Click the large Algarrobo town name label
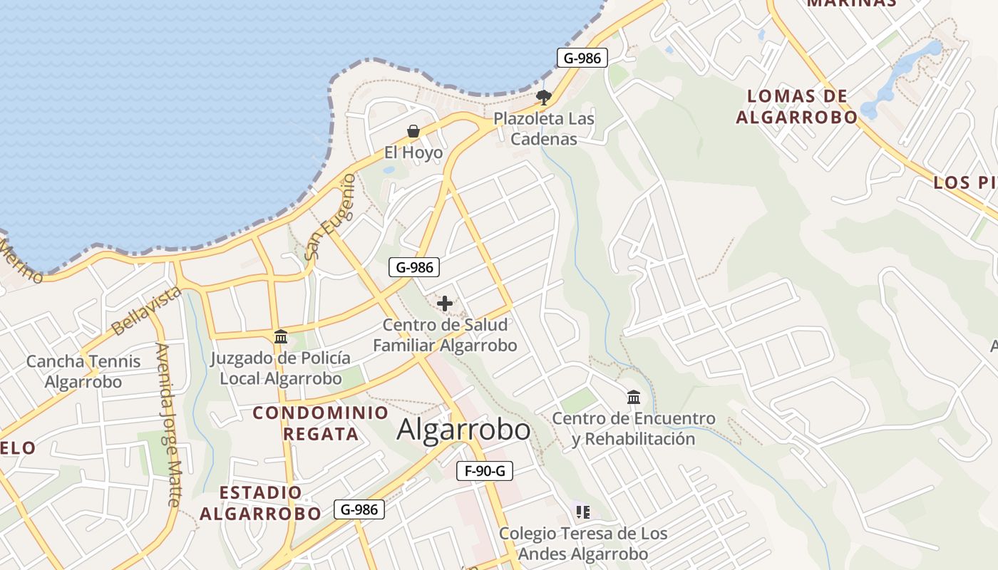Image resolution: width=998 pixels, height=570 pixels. pos(463,430)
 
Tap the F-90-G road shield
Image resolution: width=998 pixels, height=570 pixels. pos(485,471)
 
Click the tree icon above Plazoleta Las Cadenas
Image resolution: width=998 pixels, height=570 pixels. pos(544,98)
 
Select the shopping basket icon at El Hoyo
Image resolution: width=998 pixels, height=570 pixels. pos(413,131)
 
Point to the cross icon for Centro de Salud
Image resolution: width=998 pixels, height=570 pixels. pos(445,304)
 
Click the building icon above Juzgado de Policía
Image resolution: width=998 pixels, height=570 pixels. pos(281,336)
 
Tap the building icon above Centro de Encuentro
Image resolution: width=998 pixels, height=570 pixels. pos(634,397)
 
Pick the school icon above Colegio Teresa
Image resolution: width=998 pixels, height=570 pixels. pos(583,512)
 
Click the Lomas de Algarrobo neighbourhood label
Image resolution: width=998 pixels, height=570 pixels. pos(796,107)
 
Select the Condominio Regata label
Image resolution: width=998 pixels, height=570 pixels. pos(321,423)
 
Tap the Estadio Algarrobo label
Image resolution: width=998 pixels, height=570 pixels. pos(260,503)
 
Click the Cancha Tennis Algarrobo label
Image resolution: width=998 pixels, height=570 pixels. pos(83,371)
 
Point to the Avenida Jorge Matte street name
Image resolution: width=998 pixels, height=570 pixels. pos(168,425)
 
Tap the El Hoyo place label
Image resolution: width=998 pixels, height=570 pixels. pos(413,152)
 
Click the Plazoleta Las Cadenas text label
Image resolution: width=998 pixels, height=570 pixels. pos(544,128)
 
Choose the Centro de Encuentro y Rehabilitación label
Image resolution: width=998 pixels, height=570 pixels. pos(634,428)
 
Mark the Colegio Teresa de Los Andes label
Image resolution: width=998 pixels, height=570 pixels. pos(583,543)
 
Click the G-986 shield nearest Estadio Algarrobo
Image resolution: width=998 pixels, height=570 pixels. pos(360,509)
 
